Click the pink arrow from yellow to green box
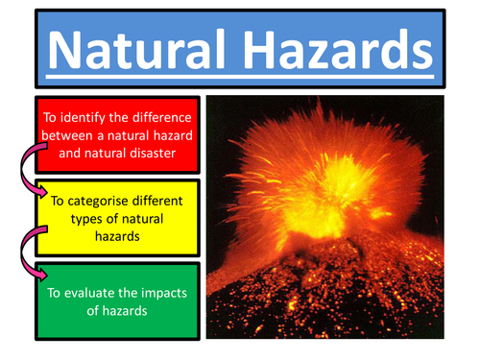28,252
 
